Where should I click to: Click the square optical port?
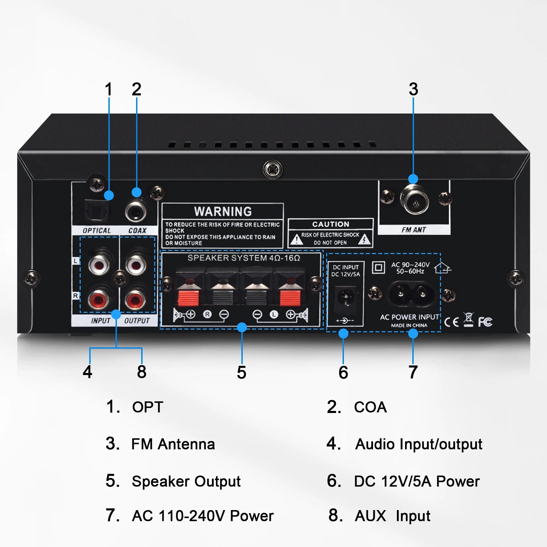[x=96, y=211]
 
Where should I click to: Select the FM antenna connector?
[x=415, y=200]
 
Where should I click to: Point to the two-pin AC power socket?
[x=411, y=293]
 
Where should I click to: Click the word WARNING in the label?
[x=223, y=211]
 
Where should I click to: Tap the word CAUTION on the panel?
[x=331, y=224]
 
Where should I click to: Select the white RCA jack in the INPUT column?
[x=99, y=264]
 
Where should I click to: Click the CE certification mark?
[x=451, y=322]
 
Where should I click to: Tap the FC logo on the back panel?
[x=485, y=322]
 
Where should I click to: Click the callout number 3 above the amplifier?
[x=413, y=90]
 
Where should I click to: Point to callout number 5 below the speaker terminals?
[x=241, y=372]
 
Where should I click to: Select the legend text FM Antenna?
[x=173, y=444]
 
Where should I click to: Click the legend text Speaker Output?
[x=186, y=481]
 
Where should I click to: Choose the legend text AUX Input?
[x=392, y=516]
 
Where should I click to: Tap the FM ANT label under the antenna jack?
[x=414, y=230]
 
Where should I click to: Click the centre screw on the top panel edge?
[x=272, y=169]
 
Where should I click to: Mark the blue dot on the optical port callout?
[x=109, y=195]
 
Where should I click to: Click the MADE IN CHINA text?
[x=409, y=325]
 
